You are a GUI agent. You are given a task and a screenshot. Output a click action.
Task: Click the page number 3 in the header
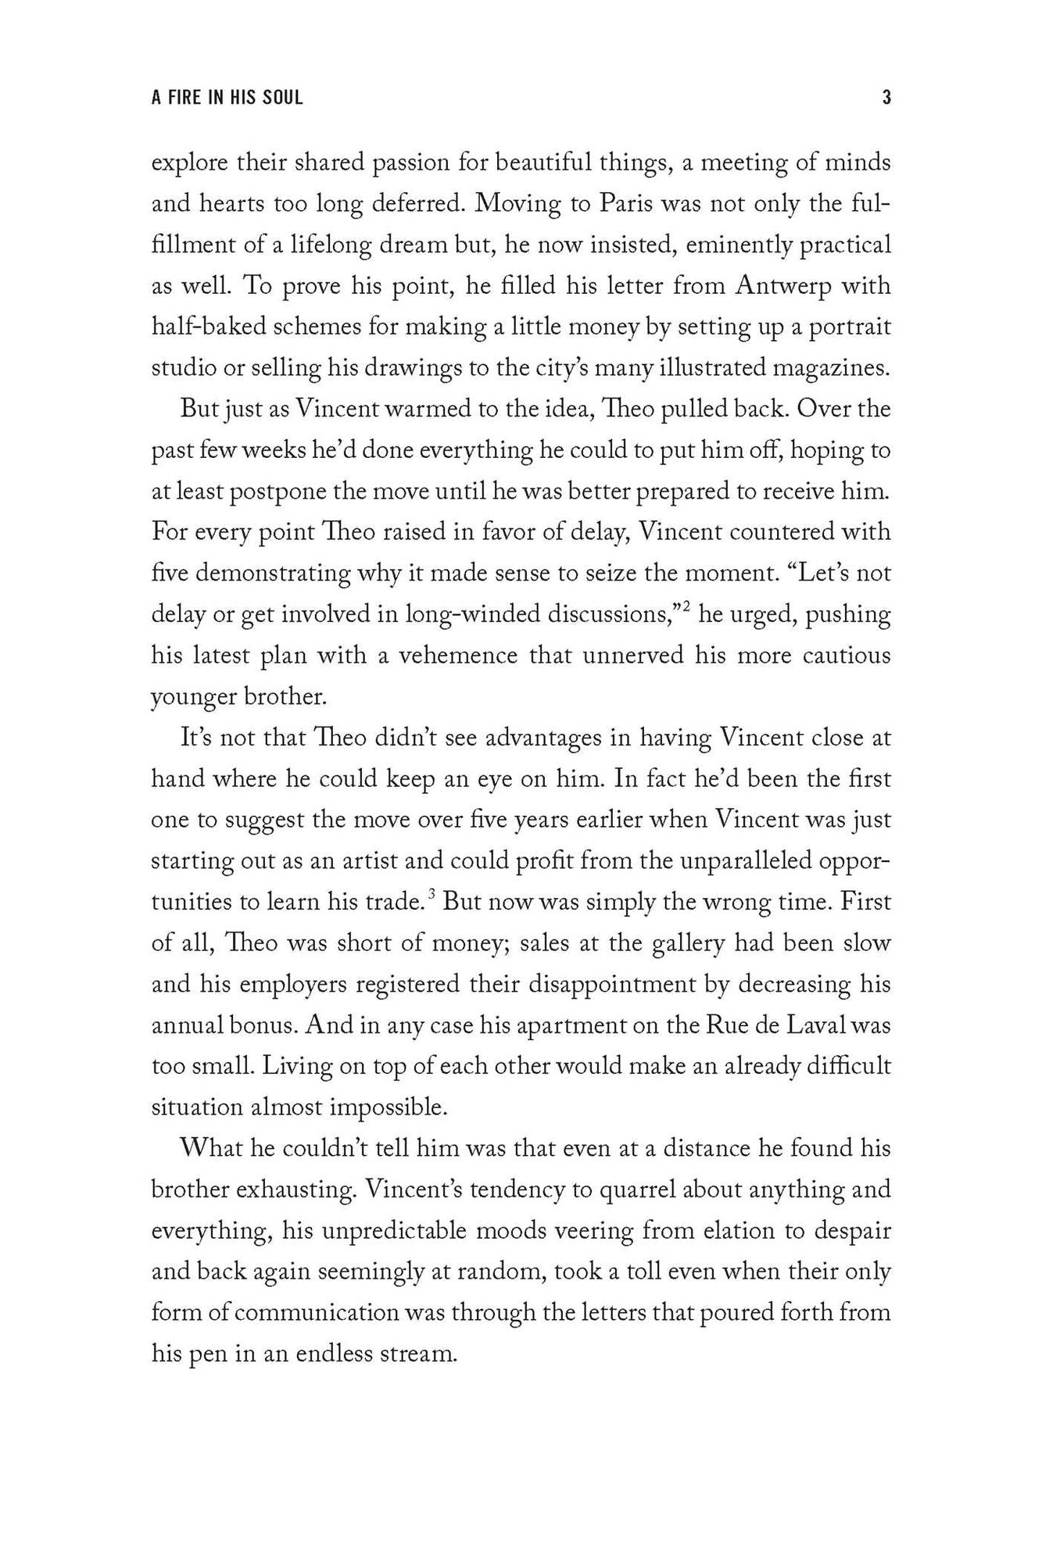click(886, 98)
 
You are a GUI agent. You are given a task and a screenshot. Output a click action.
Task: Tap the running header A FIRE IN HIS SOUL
click(227, 98)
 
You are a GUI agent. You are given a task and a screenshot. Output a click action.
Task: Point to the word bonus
click(263, 1025)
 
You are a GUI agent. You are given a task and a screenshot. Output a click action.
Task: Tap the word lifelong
click(331, 245)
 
